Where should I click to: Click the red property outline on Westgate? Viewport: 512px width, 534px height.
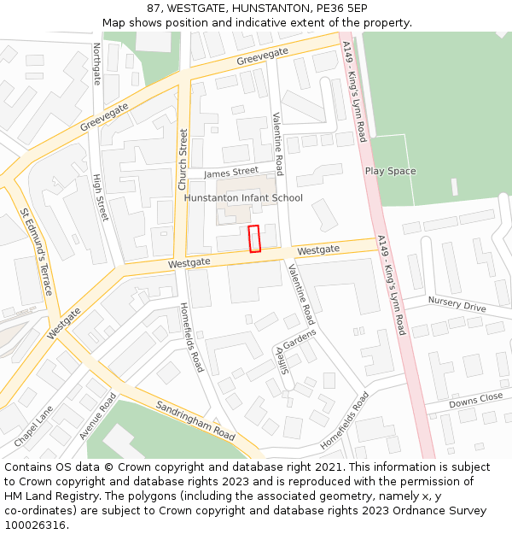(x=253, y=238)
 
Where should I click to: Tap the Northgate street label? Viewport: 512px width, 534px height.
(x=96, y=64)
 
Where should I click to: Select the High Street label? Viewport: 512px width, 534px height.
(x=101, y=197)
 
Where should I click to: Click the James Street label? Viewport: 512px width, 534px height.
(x=230, y=173)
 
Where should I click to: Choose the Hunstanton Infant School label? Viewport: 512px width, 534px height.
(x=243, y=198)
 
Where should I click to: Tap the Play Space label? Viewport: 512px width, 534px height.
(x=390, y=171)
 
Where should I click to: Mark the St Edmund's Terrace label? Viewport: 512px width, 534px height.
(x=37, y=251)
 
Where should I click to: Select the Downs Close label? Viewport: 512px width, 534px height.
(x=475, y=399)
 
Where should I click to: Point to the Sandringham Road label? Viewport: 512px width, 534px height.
(x=195, y=419)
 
